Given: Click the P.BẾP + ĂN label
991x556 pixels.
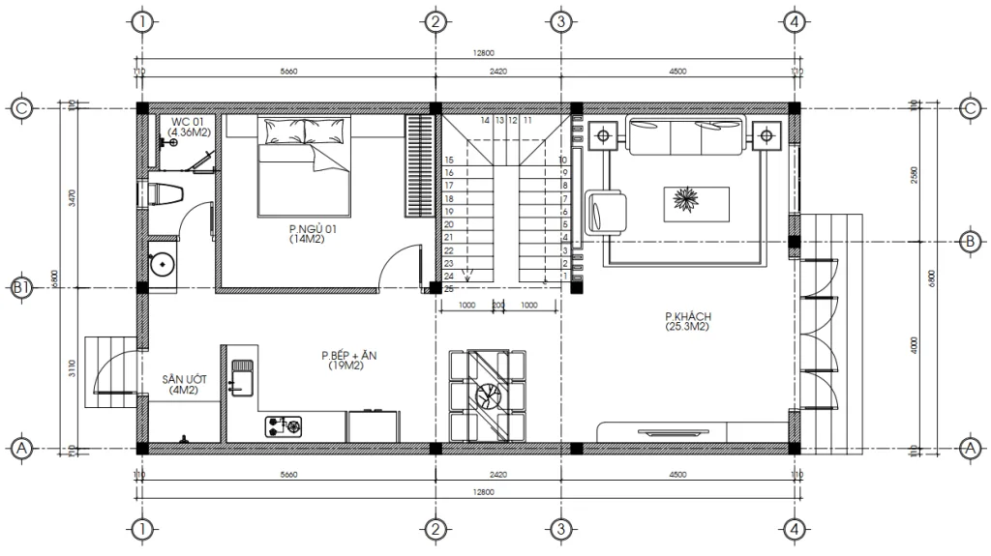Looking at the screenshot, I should (x=348, y=361).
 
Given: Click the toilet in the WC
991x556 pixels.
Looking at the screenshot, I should (x=165, y=192).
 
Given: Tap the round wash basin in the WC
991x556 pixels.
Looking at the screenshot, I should (x=162, y=261).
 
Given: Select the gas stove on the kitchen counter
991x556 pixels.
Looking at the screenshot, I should (x=283, y=424).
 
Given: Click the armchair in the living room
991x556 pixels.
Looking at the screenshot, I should (x=607, y=212).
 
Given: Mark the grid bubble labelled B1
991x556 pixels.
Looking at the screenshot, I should (x=21, y=288).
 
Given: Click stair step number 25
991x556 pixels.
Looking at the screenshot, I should (x=449, y=288).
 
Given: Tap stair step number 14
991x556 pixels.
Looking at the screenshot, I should (x=485, y=122).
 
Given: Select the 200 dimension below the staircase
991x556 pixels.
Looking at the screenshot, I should (x=498, y=305).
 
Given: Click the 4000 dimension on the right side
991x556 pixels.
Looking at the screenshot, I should (x=915, y=345).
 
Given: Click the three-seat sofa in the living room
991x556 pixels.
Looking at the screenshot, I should (x=686, y=136).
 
